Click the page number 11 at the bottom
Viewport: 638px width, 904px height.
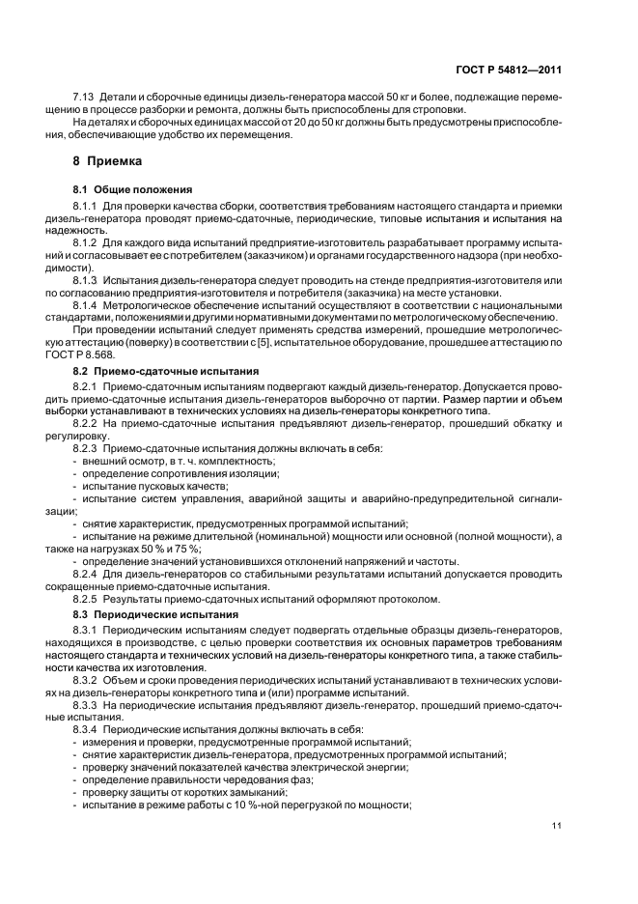tap(557, 825)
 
